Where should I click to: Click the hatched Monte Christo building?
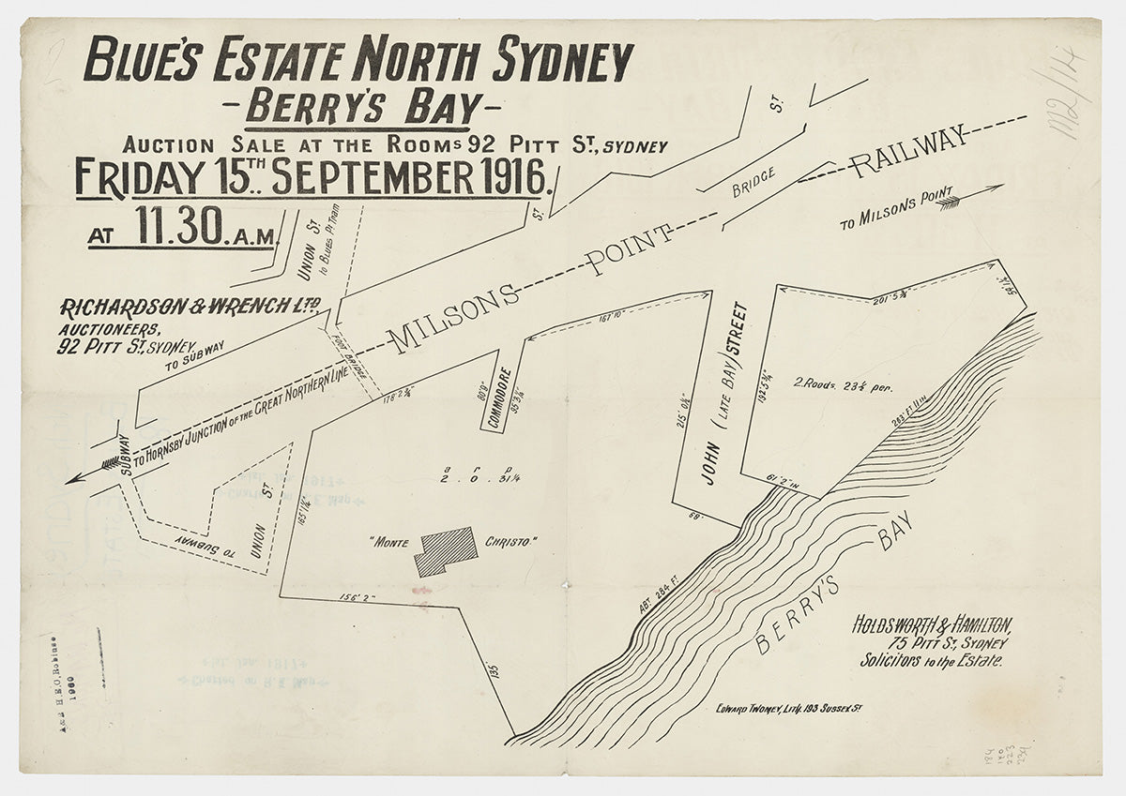tap(446, 550)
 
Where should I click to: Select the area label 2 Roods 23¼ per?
tap(843, 384)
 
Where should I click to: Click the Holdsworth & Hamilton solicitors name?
tap(932, 625)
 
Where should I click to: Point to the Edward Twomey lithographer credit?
tap(787, 707)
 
